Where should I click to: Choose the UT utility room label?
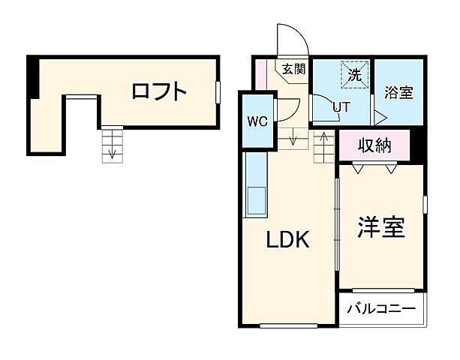tap(341, 107)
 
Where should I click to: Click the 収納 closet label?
tap(374, 145)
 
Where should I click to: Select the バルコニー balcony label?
tap(381, 309)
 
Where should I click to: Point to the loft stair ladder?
tap(111, 144)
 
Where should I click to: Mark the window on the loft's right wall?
tap(218, 91)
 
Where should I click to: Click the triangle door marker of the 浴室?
tap(379, 118)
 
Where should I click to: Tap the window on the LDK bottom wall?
tap(289, 325)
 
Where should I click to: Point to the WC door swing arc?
tap(288, 112)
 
